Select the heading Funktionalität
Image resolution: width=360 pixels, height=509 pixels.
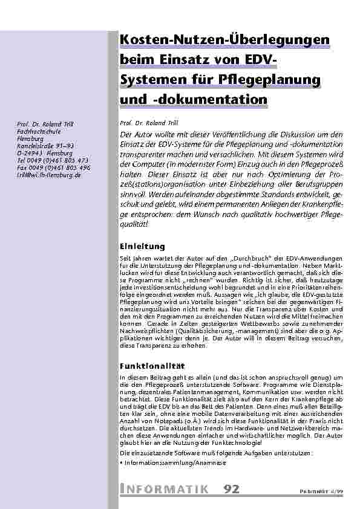[151, 366]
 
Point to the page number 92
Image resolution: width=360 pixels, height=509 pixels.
[231, 488]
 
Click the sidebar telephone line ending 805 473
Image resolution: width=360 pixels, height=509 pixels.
[53, 160]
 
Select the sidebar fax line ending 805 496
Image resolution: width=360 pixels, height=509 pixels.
[53, 167]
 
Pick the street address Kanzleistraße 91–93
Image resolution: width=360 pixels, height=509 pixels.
[46, 147]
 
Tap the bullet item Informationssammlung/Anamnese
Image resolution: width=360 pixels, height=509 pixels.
[174, 462]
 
